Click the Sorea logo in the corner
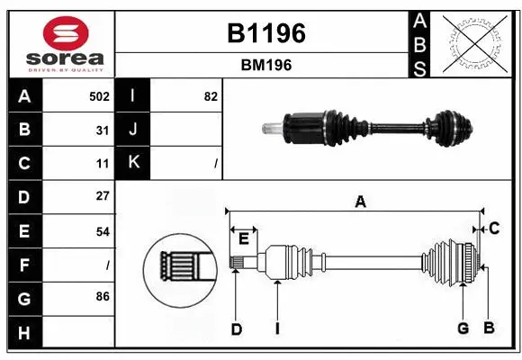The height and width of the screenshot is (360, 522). (61, 43)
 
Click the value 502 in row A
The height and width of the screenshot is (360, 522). (99, 96)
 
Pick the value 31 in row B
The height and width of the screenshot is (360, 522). (103, 130)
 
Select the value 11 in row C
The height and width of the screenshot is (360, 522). (103, 164)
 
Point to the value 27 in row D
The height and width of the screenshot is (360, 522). (103, 196)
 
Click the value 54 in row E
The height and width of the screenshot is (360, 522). (103, 230)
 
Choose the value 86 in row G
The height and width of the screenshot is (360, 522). (103, 296)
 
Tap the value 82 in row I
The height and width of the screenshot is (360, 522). (211, 96)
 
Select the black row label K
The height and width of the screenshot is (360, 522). (134, 163)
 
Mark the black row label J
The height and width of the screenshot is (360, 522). (134, 130)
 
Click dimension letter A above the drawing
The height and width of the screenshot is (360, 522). (360, 202)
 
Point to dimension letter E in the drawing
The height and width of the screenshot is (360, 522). (243, 238)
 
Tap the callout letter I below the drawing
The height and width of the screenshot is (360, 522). (277, 328)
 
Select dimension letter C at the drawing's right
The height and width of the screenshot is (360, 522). (493, 229)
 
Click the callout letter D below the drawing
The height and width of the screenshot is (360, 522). (236, 328)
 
